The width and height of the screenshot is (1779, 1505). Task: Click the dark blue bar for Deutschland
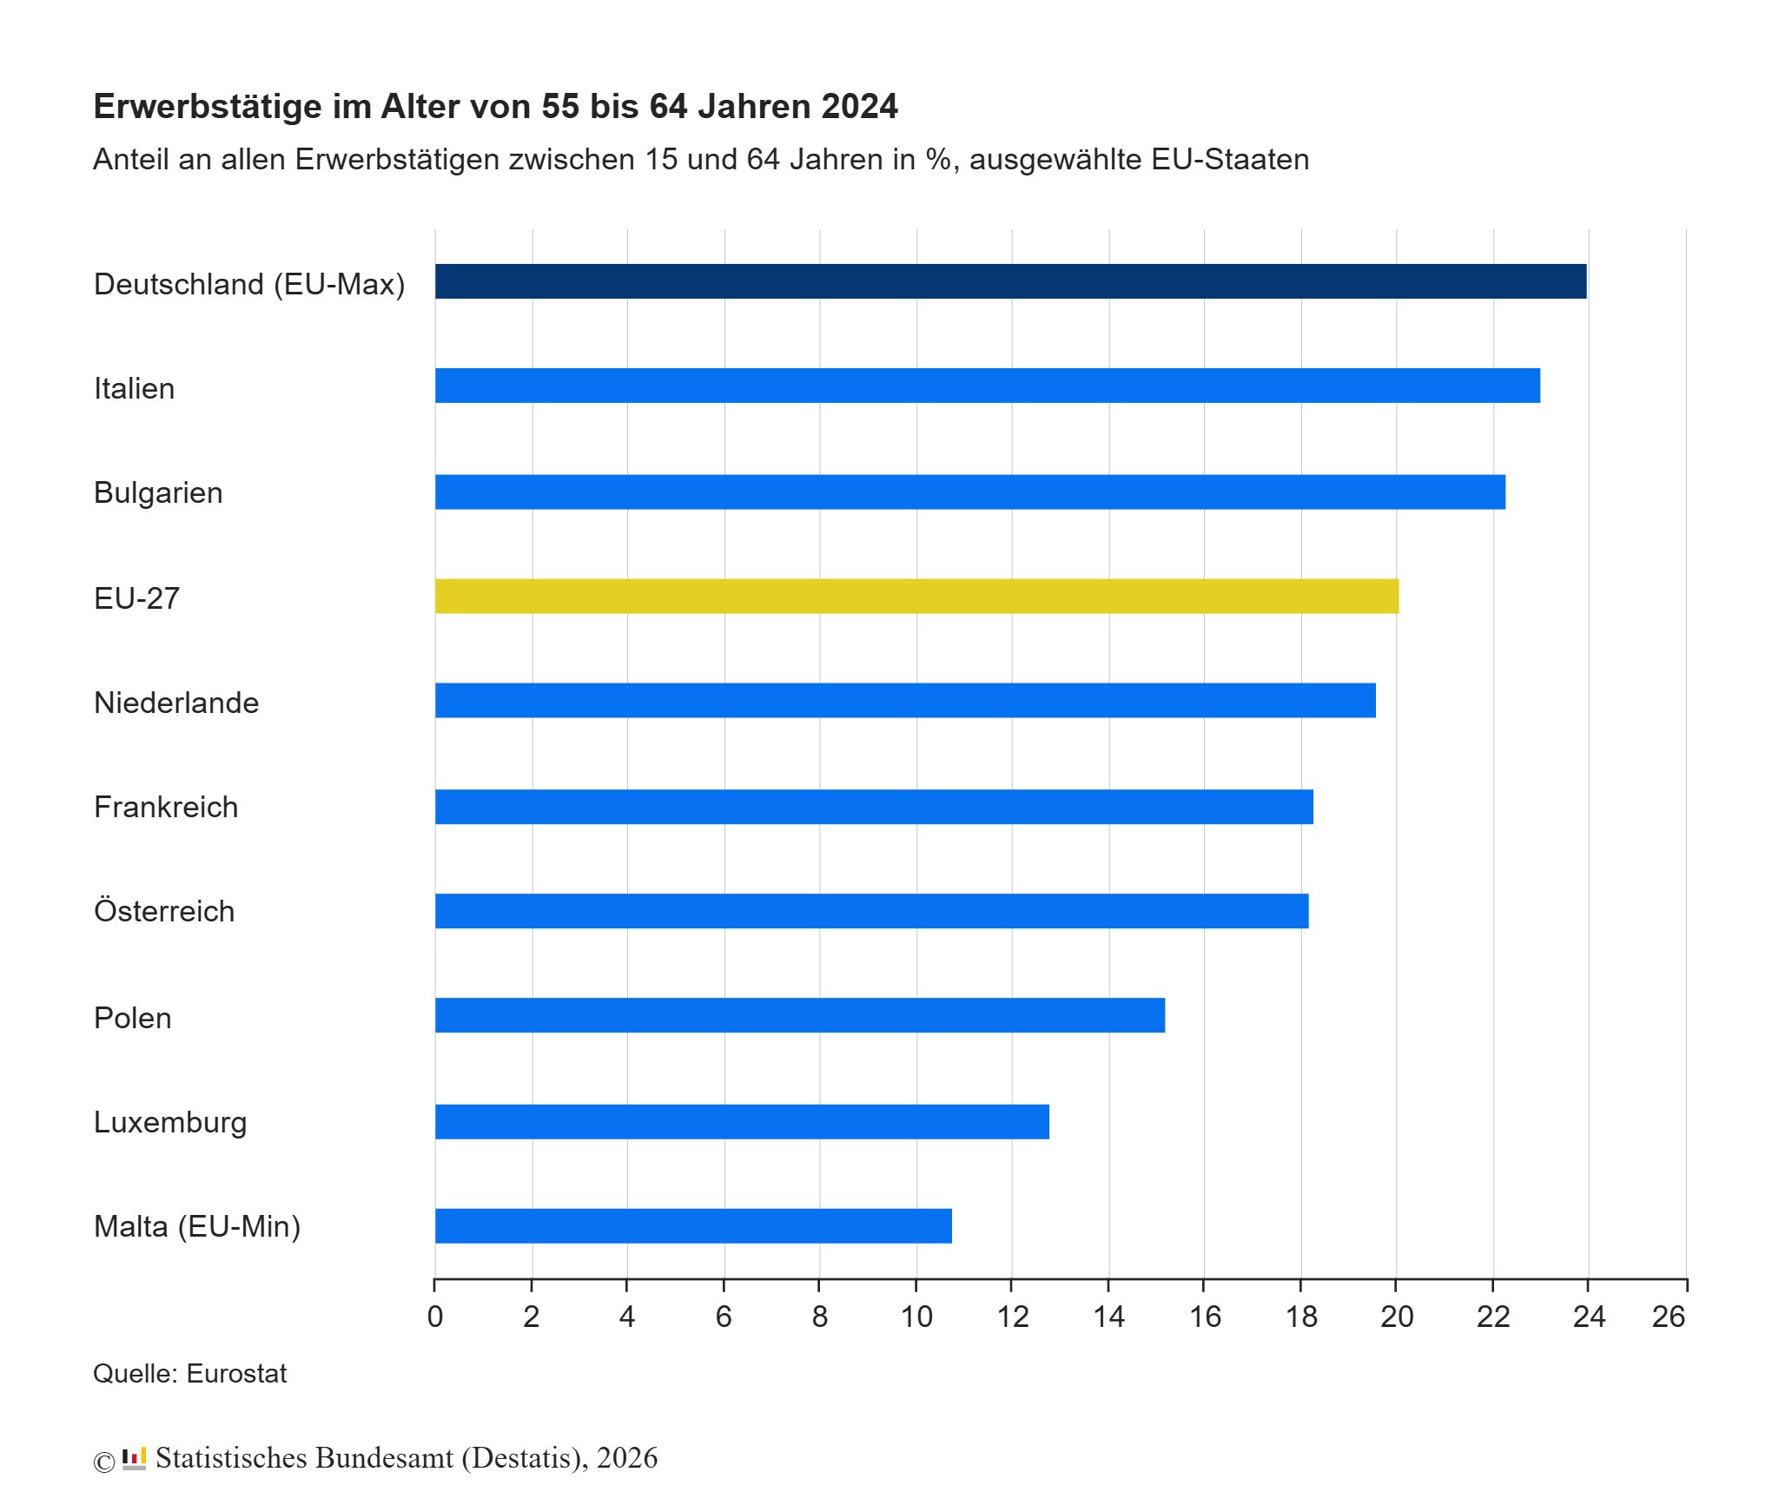1010,281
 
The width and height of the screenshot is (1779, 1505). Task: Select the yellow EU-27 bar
916,596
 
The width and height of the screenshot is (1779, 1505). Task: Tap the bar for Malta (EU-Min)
693,1225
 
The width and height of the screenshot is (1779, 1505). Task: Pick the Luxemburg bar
742,1121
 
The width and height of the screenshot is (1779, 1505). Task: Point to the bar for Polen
799,1015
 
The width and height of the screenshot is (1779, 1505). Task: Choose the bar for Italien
987,386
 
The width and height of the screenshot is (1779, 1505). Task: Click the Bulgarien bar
969,492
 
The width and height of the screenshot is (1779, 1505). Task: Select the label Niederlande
176,703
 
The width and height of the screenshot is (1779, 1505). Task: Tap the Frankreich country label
166,807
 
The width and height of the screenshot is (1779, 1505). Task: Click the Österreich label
164,911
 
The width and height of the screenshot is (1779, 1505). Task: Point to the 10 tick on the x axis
916,1317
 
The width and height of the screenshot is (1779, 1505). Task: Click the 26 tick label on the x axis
1668,1317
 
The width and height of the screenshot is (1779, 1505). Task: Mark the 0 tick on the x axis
435,1317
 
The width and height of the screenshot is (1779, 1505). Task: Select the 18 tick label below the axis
1301,1317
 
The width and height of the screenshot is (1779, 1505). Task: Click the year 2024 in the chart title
859,106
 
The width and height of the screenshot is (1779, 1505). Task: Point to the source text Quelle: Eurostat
189,1373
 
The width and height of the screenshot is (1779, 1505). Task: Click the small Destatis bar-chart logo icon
134,1458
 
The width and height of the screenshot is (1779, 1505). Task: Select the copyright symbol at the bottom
104,1462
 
